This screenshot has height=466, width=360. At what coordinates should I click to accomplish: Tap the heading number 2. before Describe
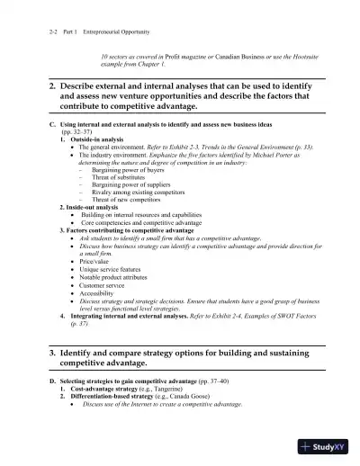click(x=52, y=85)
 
